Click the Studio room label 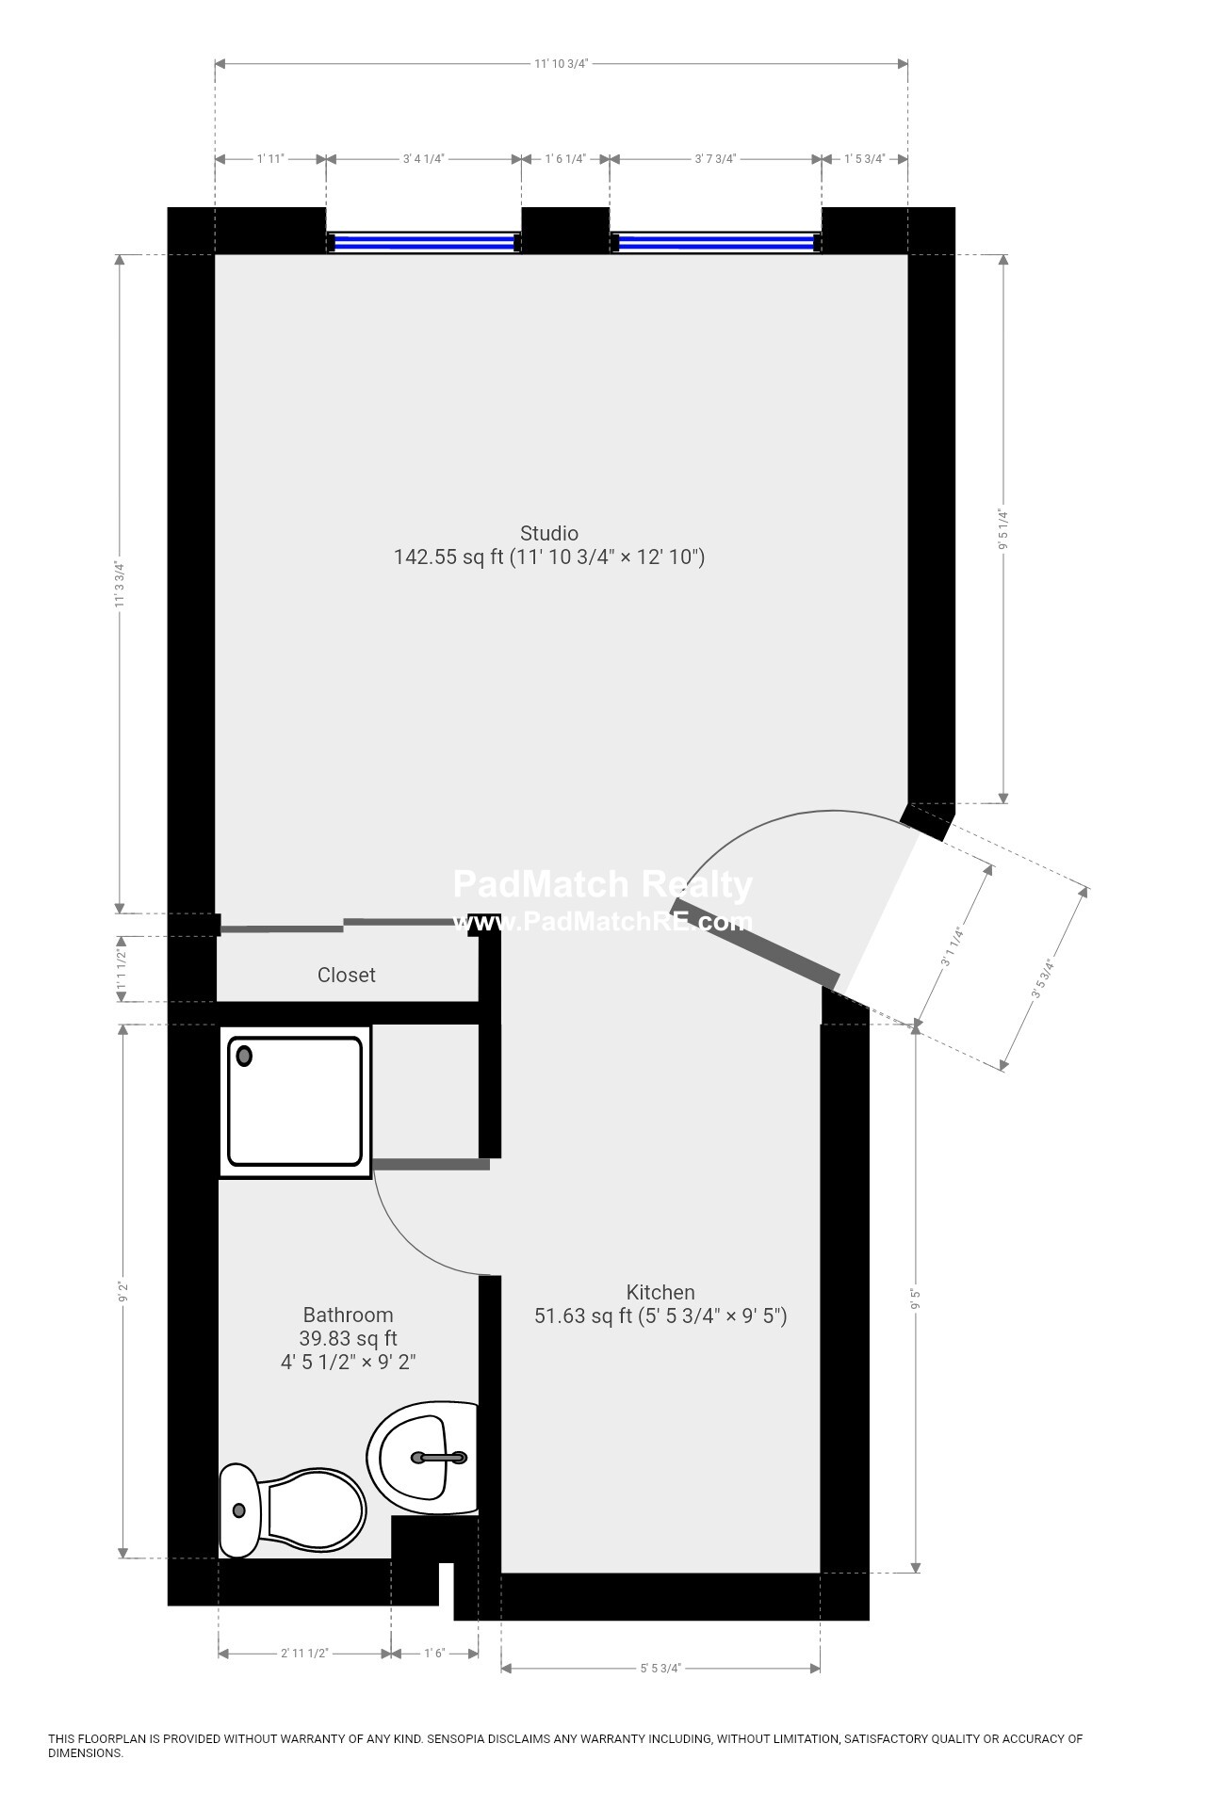(549, 534)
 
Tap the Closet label (346, 975)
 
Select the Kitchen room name (660, 1292)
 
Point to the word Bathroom (348, 1315)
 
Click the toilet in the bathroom (292, 1510)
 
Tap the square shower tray (295, 1101)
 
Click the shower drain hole (245, 1056)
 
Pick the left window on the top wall (424, 243)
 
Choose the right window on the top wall (716, 243)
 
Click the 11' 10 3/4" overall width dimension (561, 64)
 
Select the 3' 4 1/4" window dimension (423, 158)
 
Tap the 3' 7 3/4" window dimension (715, 158)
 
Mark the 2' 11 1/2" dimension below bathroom (304, 1653)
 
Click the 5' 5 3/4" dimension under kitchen (660, 1668)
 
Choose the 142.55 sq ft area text (448, 557)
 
